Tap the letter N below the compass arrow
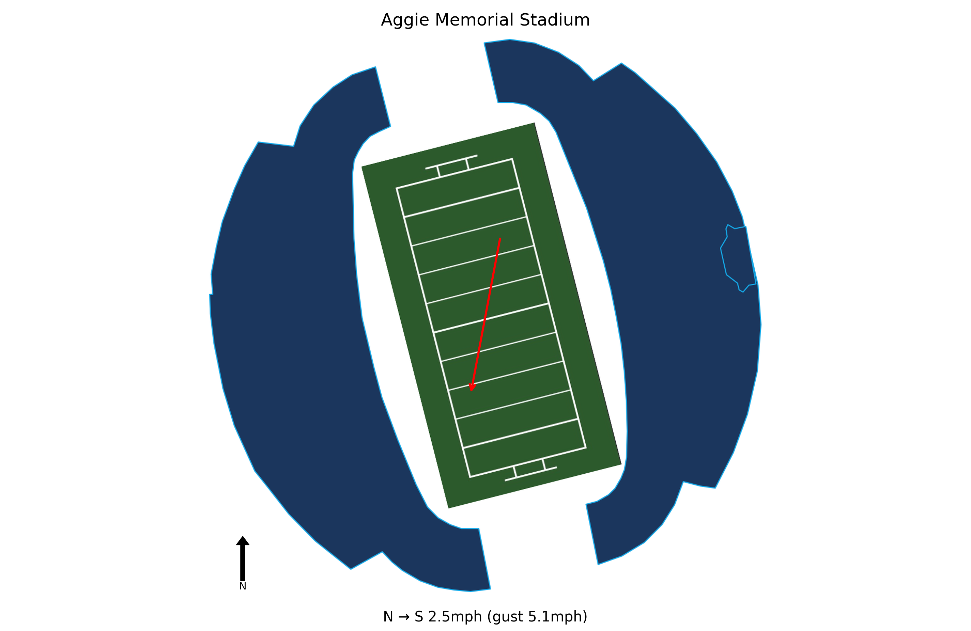243,586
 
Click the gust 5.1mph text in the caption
537,616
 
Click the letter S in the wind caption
419,616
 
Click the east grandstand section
685,285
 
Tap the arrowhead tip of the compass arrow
243,536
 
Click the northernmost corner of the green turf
535,123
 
